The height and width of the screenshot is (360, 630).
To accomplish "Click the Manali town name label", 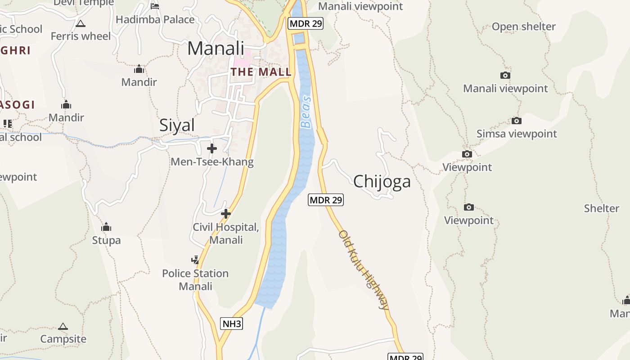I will [216, 48].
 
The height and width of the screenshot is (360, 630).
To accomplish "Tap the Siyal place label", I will [177, 125].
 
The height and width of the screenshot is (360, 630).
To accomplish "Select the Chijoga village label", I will [382, 181].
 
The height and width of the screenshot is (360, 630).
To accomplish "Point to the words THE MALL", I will [261, 72].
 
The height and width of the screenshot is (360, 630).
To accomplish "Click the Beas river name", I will [306, 112].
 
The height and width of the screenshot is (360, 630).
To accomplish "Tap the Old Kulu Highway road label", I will [364, 270].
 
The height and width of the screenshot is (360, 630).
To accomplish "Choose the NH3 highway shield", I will [232, 323].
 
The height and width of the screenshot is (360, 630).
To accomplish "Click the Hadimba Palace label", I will [155, 19].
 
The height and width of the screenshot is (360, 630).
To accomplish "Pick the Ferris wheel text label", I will [81, 36].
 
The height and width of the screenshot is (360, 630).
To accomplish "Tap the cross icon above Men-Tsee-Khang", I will [212, 148].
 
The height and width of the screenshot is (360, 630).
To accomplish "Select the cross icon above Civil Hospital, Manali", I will [226, 214].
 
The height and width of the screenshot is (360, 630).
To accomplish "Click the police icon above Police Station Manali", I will [195, 260].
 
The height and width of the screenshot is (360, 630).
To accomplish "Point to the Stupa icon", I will [106, 227].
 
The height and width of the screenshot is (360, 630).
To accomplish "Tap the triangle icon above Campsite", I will [63, 326].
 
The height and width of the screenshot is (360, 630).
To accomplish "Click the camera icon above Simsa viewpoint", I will [517, 121].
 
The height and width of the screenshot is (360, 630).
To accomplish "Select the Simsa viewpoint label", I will [517, 134].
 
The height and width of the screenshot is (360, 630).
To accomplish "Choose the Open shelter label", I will [523, 27].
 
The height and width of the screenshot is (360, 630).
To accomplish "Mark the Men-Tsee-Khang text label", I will [212, 162].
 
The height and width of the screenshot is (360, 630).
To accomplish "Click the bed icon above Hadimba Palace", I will [155, 6].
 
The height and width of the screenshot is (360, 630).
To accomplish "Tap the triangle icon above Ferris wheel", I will [81, 23].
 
